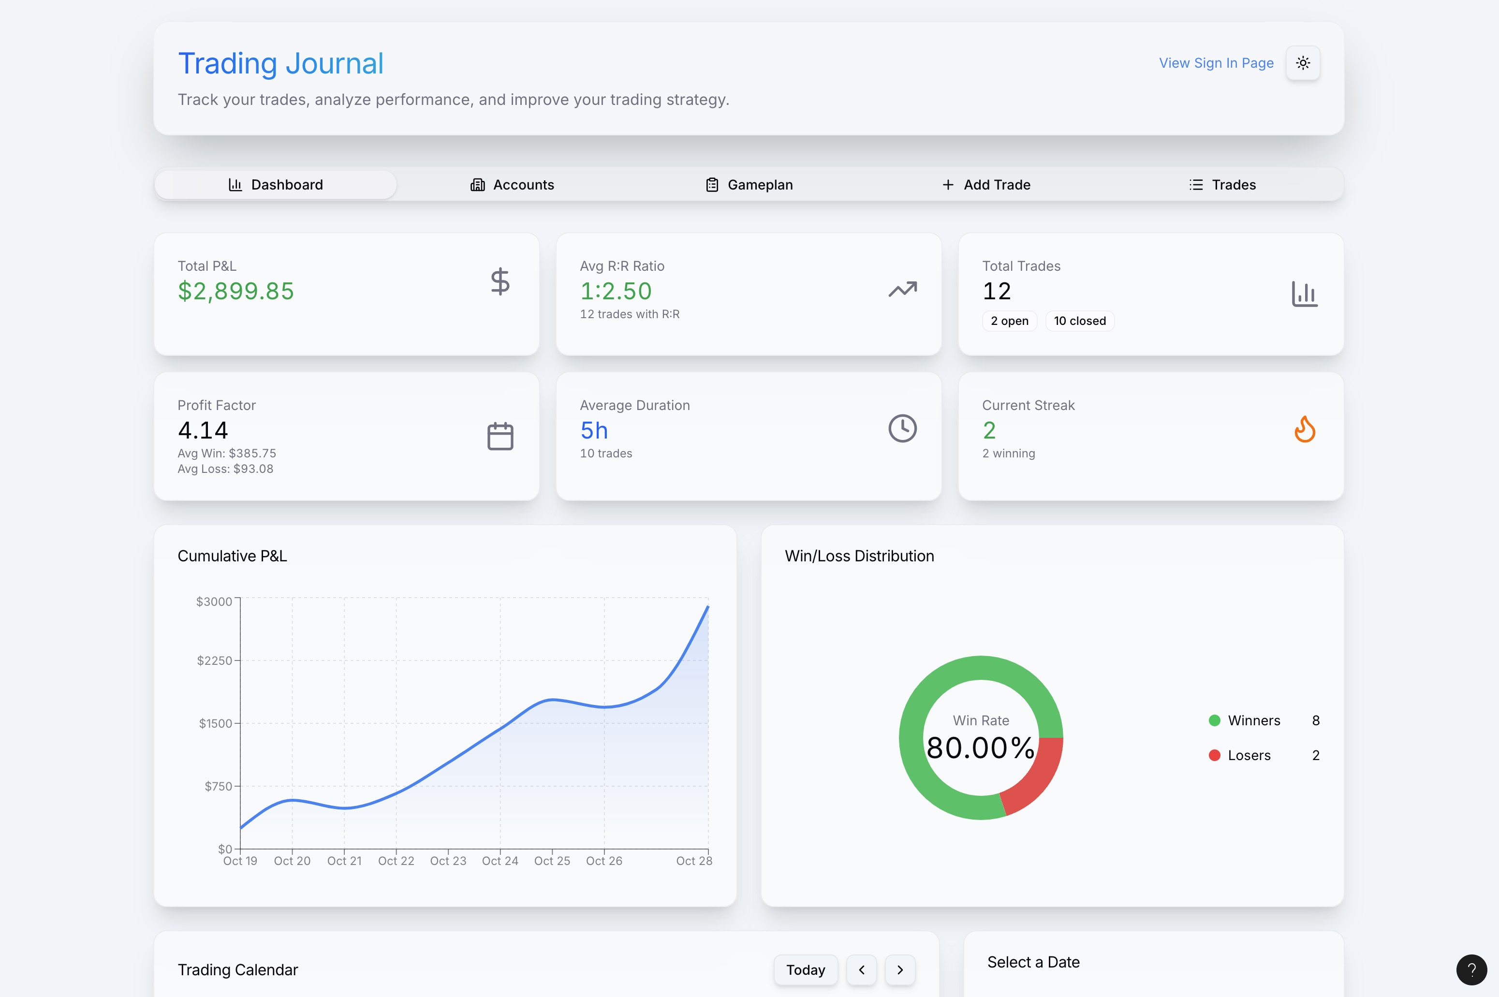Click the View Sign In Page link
(x=1216, y=63)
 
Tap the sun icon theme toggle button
(x=1303, y=63)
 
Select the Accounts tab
(x=513, y=184)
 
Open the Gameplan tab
(x=749, y=184)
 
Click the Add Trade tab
(x=986, y=184)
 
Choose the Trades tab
(x=1222, y=184)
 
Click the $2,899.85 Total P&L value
(x=236, y=291)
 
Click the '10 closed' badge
(x=1079, y=321)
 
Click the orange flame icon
(x=1305, y=429)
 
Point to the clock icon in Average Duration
(x=902, y=428)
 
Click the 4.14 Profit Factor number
(x=203, y=430)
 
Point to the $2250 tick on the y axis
(x=215, y=660)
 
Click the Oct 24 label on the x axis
(x=500, y=861)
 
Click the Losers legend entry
(x=1249, y=755)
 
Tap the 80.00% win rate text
(x=980, y=748)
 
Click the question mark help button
(x=1471, y=969)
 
